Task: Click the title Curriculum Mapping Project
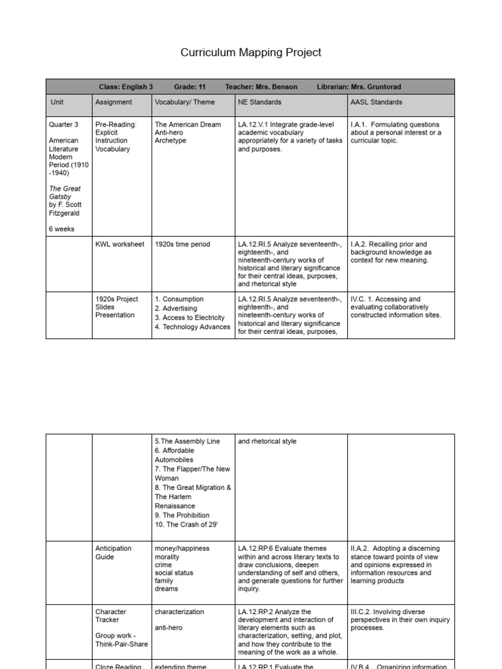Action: [x=251, y=52]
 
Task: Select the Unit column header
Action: [x=58, y=103]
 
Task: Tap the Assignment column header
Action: [x=114, y=103]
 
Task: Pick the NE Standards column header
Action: [x=259, y=103]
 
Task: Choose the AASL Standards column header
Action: [x=376, y=103]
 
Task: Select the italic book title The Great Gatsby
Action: [x=65, y=193]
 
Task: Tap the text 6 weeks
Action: [x=62, y=229]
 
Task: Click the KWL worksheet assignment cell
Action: [x=120, y=244]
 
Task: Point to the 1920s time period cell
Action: [x=182, y=244]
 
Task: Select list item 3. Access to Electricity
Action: [x=190, y=318]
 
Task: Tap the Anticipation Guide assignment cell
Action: [x=113, y=553]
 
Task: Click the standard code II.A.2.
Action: [x=361, y=549]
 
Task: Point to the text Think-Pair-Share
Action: [x=122, y=644]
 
